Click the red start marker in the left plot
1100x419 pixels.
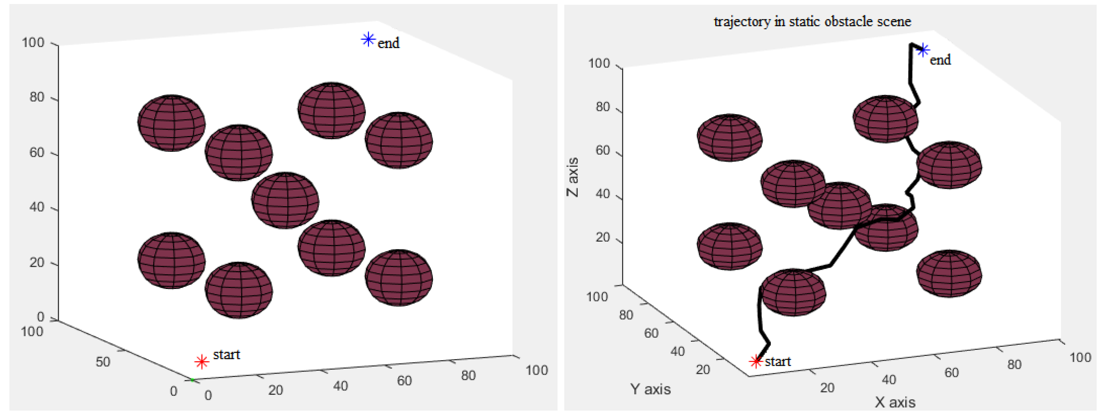(202, 362)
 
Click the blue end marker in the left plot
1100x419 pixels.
(368, 40)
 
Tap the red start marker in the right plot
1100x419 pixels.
(756, 361)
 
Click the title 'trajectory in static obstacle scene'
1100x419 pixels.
(812, 22)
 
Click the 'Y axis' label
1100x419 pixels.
(650, 389)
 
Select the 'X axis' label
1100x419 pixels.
(895, 402)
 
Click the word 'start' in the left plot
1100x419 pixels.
(226, 354)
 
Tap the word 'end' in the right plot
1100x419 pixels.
(940, 60)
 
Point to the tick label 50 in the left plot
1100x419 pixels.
(103, 362)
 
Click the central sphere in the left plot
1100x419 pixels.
(285, 200)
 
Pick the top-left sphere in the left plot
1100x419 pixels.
(171, 123)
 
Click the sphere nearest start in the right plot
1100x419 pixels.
(793, 293)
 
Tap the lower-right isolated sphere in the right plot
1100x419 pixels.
(949, 274)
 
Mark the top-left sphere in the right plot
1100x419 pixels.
(729, 137)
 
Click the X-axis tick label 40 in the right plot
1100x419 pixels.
(889, 379)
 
